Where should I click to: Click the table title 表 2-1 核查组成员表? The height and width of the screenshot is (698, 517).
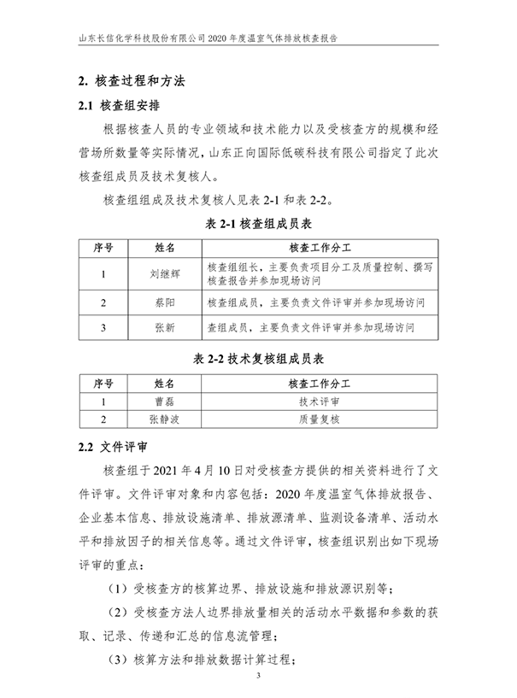tap(258, 226)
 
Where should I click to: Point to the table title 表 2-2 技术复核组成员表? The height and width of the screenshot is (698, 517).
tap(257, 359)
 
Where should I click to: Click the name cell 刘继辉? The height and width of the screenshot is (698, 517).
tap(164, 274)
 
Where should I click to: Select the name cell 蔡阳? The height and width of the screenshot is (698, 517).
tap(164, 302)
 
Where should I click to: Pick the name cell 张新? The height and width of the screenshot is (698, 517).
tap(164, 327)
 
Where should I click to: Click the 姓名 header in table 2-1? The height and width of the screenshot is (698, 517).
tap(164, 249)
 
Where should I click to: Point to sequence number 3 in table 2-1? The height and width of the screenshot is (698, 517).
tap(103, 327)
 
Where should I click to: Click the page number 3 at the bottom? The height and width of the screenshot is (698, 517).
tap(258, 677)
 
